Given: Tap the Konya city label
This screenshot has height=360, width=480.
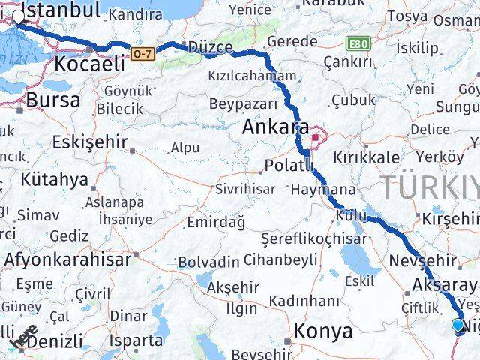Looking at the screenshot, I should (322, 331).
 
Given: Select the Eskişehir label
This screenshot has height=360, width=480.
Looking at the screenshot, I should (90, 142).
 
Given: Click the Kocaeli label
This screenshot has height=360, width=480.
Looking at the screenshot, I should (88, 64).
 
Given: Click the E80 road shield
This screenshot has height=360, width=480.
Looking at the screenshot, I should (358, 44).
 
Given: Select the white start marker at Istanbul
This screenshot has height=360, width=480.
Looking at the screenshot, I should (18, 14).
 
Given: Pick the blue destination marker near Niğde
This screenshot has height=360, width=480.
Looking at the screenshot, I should (459, 325).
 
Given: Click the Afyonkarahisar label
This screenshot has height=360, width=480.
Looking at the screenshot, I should (67, 259).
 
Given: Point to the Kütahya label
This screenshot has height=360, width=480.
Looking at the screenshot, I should (55, 180).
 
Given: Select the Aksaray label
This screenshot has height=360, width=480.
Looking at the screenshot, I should (444, 286).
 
